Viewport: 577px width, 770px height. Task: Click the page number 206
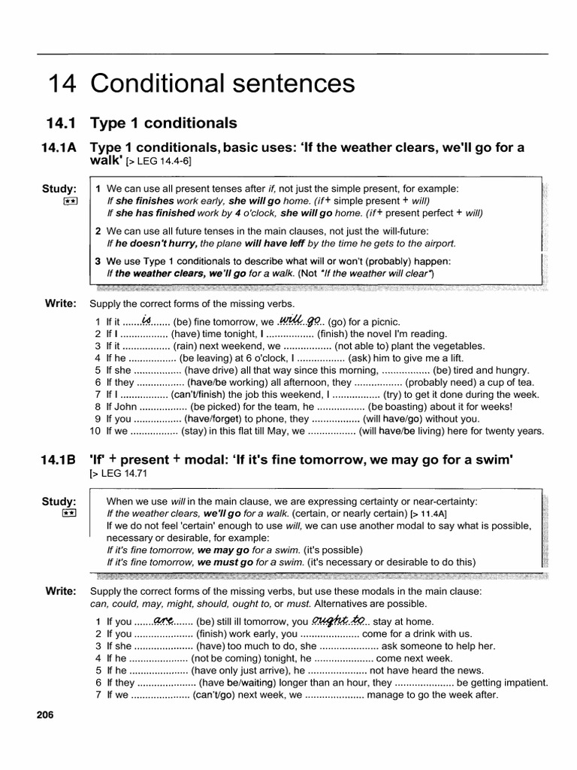pos(47,716)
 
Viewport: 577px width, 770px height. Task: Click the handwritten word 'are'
pos(163,620)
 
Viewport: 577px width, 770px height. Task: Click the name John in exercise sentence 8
pos(126,407)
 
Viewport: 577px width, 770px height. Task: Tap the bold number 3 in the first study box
pos(98,260)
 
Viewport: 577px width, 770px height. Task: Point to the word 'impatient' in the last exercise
pos(524,682)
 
